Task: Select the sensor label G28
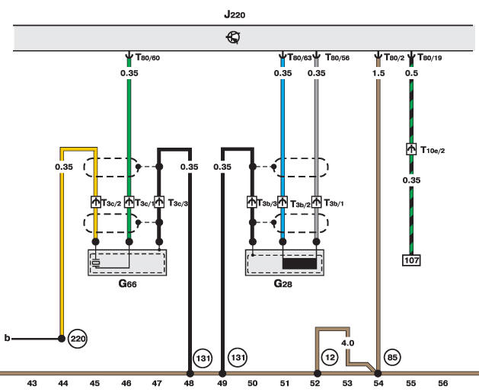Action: tap(283, 284)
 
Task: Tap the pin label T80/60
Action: tap(149, 56)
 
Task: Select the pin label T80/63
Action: tap(299, 56)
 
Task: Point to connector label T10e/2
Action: tap(432, 151)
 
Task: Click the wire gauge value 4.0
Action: tap(347, 343)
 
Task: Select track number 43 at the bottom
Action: tap(32, 383)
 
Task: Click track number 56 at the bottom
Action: tap(442, 383)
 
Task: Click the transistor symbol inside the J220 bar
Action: tap(234, 36)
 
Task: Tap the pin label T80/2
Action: tap(394, 56)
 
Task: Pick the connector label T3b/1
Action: tap(335, 203)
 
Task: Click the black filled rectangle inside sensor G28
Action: tap(299, 263)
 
